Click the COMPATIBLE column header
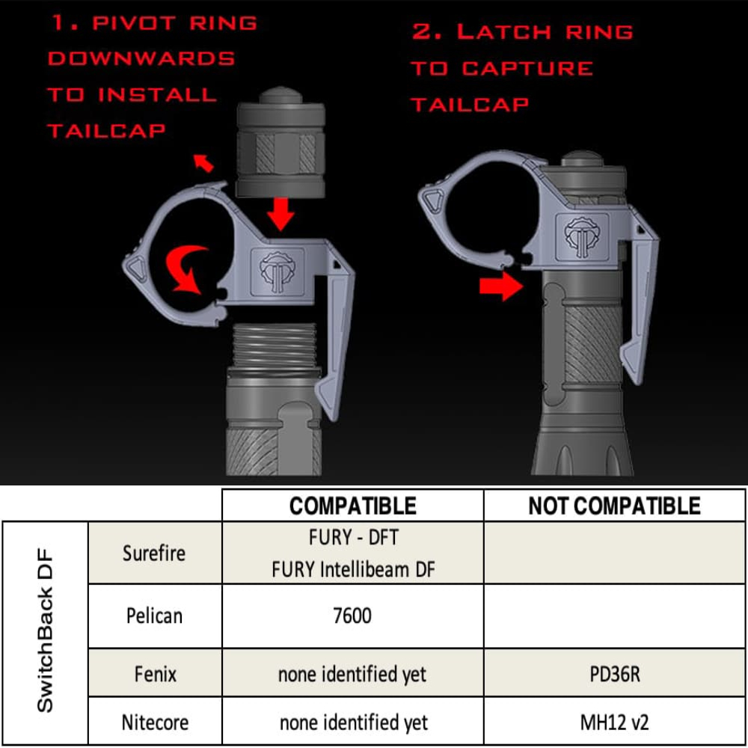coord(352,506)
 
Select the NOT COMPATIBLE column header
coord(614,506)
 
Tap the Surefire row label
coord(154,553)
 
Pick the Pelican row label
coord(153,616)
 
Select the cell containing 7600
coord(352,616)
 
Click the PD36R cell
coord(614,673)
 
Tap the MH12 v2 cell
coord(614,723)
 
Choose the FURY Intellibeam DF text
coord(352,569)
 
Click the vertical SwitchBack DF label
coord(45,633)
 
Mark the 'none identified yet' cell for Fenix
coord(352,674)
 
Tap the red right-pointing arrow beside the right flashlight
coord(500,286)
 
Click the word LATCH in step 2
coord(501,32)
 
